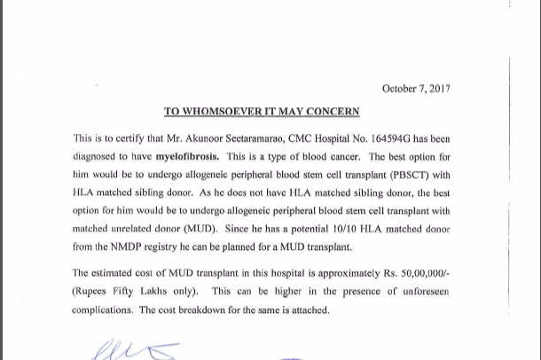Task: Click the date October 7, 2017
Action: click(416, 89)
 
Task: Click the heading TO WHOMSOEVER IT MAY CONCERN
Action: click(262, 112)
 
